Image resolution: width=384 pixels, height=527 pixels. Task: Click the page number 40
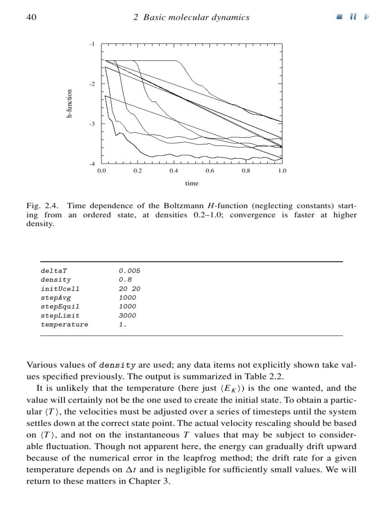[31, 18]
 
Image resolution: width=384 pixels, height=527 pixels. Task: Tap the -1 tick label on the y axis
[92, 43]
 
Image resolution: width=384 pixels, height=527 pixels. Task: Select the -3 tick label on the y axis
[92, 124]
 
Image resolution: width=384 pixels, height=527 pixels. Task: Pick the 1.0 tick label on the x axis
[282, 171]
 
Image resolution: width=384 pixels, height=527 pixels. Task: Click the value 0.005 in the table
[130, 271]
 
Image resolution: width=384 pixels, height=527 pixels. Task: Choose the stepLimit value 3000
[127, 316]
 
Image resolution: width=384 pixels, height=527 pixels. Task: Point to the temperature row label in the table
[64, 324]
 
